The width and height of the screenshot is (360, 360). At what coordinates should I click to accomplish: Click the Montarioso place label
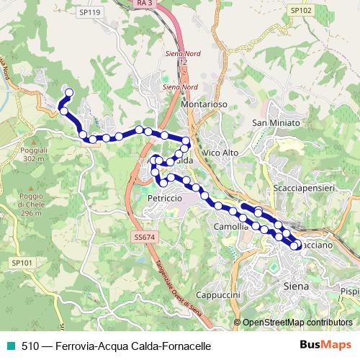tap(204, 104)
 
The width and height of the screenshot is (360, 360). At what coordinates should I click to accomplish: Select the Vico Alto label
tap(220, 153)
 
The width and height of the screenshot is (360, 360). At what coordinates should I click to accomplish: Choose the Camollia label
tap(232, 226)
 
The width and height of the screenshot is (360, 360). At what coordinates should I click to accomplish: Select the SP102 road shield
tap(300, 11)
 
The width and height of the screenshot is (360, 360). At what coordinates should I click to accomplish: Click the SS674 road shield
tap(144, 237)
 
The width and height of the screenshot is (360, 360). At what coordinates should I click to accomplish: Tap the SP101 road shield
tap(22, 264)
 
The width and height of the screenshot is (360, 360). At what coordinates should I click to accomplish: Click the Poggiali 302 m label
tap(34, 155)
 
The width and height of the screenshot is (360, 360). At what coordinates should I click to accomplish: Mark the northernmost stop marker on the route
tap(70, 92)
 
